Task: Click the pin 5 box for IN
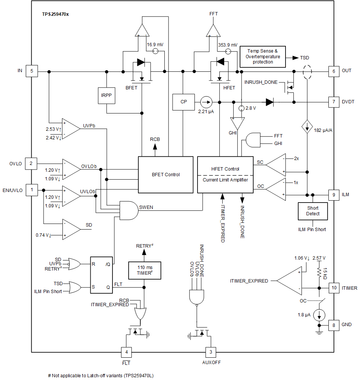point(32,71)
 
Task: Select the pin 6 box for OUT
point(334,71)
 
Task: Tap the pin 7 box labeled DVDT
point(334,101)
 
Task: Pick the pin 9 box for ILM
point(334,195)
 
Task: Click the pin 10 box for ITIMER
point(334,288)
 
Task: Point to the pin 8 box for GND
point(334,324)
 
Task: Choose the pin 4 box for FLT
point(126,352)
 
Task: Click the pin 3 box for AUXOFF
point(211,352)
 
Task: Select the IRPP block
point(106,95)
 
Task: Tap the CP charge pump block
point(183,102)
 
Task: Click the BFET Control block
point(166,175)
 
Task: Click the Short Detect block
point(313,211)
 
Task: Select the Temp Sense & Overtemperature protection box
point(263,56)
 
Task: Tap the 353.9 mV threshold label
point(228,45)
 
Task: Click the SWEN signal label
point(146,207)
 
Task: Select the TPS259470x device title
point(55,14)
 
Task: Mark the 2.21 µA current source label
point(206,112)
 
